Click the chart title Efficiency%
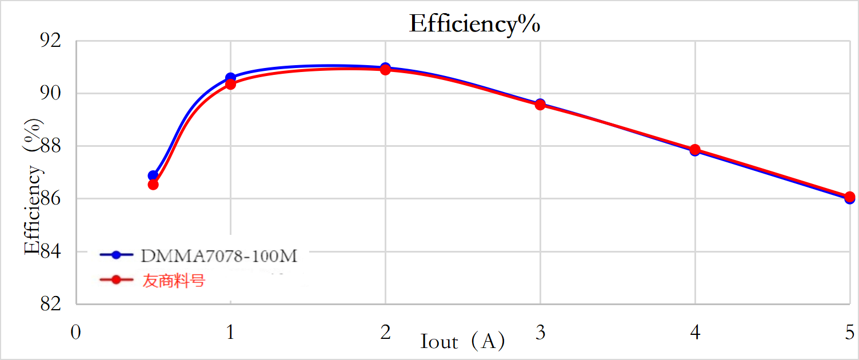click(474, 25)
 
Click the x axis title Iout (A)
click(463, 342)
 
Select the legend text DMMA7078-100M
click(219, 256)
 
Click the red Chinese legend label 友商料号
click(173, 281)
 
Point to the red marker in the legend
click(117, 280)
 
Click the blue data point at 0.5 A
click(153, 175)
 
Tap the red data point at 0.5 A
click(153, 185)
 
